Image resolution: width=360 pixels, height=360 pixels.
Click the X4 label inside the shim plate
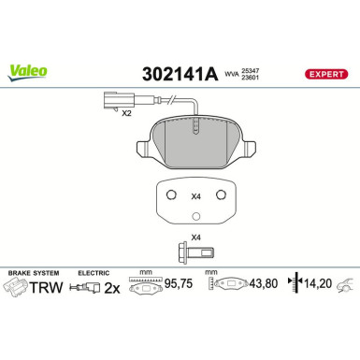click(195, 197)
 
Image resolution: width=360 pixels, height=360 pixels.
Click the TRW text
click(46, 288)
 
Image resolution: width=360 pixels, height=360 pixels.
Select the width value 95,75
click(177, 289)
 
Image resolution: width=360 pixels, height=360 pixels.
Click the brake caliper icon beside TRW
click(17, 289)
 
